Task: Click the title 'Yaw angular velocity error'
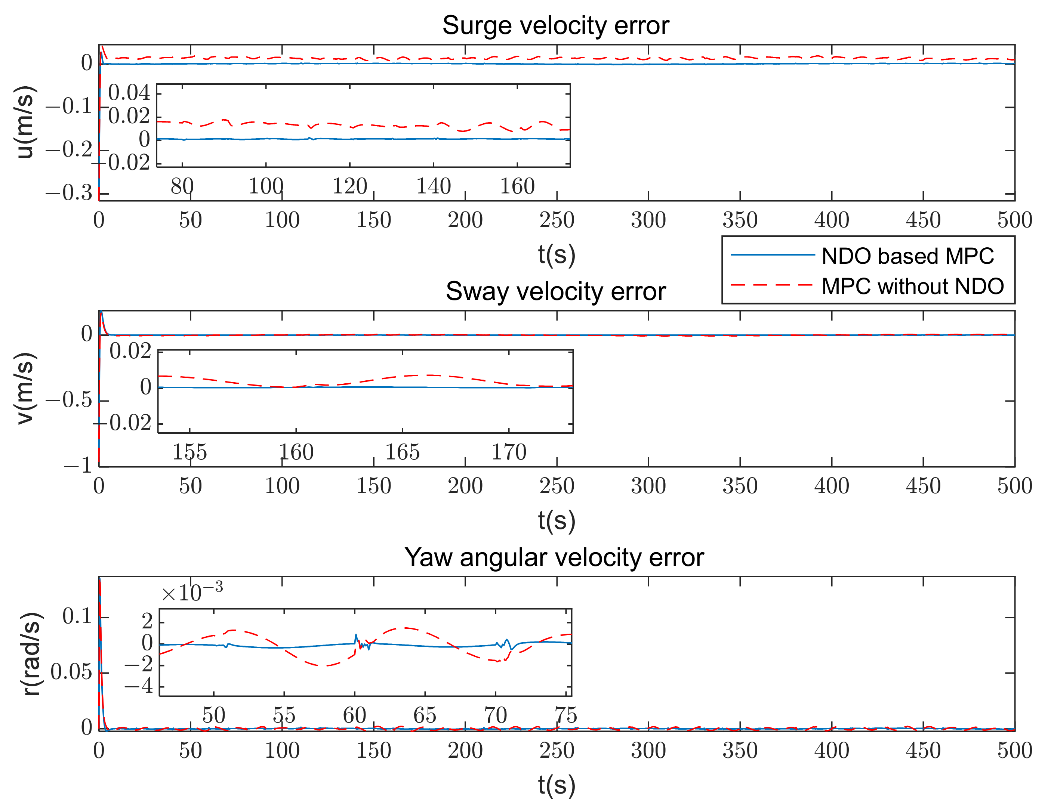point(554,557)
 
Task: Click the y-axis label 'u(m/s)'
point(25,122)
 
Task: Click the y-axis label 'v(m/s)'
point(25,388)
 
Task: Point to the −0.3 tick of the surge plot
point(69,194)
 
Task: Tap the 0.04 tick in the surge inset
point(129,93)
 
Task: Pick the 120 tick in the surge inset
point(349,186)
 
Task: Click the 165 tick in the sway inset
point(402,452)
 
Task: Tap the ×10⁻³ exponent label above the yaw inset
point(192,593)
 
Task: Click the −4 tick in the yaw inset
point(139,686)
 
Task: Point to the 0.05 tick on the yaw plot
point(71,672)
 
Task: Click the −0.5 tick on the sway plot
point(69,400)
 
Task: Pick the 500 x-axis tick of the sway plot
point(1014,486)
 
